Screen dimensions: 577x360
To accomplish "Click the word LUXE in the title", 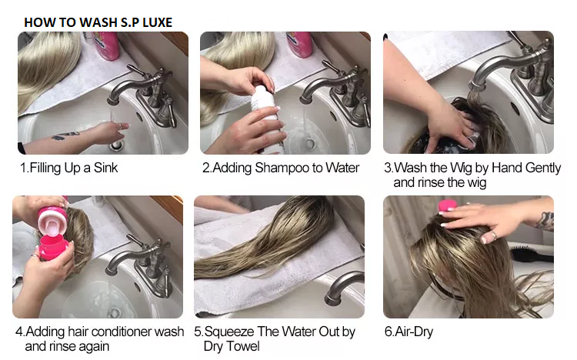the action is pyautogui.click(x=157, y=22).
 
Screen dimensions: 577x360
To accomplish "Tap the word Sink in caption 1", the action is pyautogui.click(x=105, y=168).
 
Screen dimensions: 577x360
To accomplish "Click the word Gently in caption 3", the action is pyautogui.click(x=543, y=168).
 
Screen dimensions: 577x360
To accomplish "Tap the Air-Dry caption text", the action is pyautogui.click(x=409, y=332).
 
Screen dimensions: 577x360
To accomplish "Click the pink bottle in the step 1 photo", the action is pyautogui.click(x=106, y=45).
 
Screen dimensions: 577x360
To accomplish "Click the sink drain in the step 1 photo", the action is pyautogui.click(x=116, y=145).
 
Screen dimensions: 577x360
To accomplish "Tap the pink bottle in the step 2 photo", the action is pyautogui.click(x=299, y=44).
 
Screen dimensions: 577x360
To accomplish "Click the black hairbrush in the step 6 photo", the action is pyautogui.click(x=532, y=255).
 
